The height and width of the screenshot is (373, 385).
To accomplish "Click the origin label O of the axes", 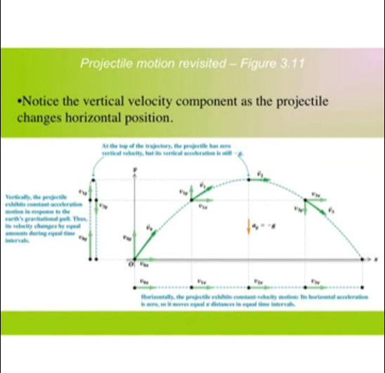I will pos(129,265).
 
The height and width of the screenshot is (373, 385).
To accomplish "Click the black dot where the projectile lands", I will pos(363,259).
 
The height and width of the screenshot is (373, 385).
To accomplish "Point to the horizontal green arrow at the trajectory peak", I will pos(259,178).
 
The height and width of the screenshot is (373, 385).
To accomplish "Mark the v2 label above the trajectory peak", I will pos(260,171).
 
